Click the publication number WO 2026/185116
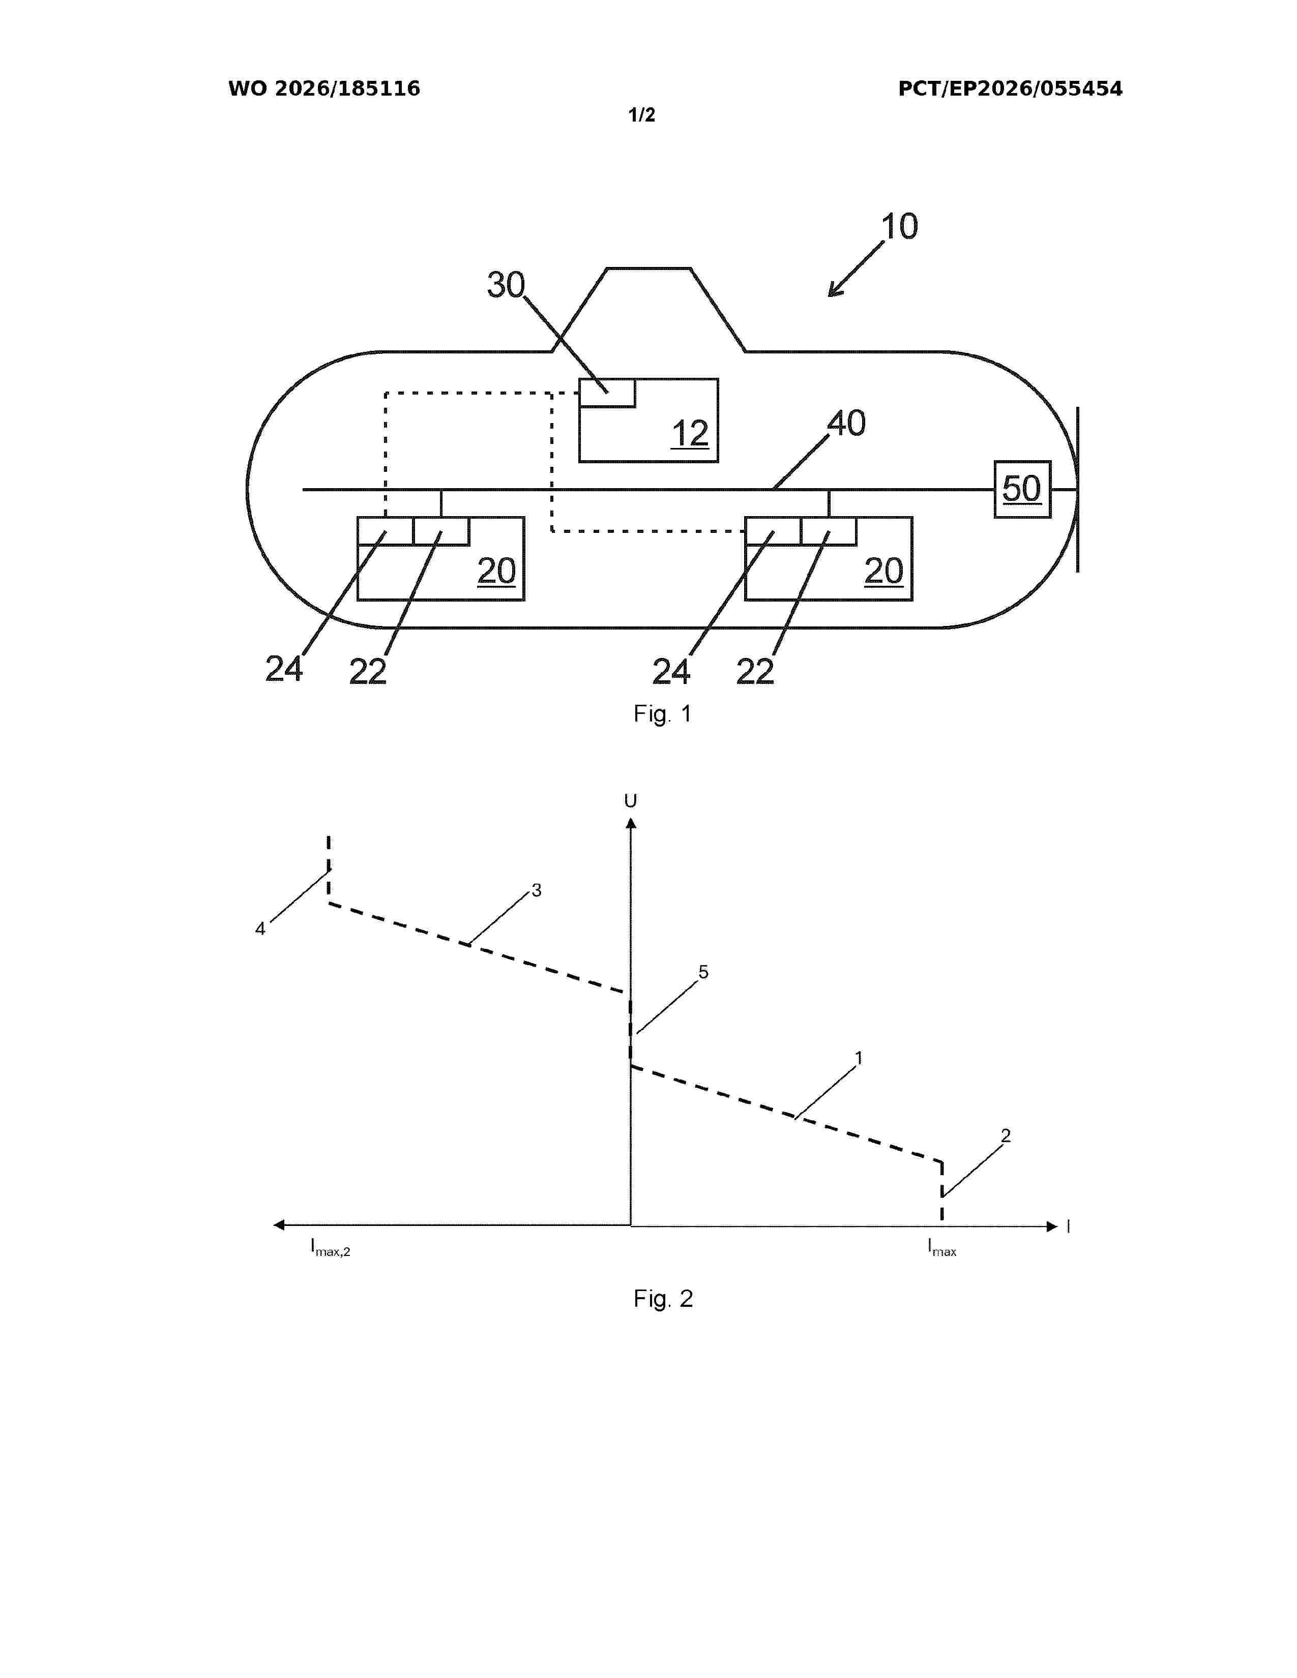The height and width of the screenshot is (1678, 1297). (x=325, y=89)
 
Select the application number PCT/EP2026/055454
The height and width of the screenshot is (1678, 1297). (x=1011, y=89)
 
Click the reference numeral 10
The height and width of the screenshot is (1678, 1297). (x=899, y=227)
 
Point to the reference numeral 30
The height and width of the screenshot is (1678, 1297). (x=506, y=285)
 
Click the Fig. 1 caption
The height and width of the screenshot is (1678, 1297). (x=662, y=714)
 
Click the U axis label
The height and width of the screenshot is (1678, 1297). (x=631, y=801)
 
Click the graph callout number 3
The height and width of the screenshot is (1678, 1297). (x=536, y=890)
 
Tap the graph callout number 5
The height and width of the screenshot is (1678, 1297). (x=703, y=973)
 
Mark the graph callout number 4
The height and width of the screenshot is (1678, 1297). (x=260, y=930)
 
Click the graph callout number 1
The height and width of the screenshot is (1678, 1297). (x=859, y=1059)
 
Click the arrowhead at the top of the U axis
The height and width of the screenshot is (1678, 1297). (x=631, y=824)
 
